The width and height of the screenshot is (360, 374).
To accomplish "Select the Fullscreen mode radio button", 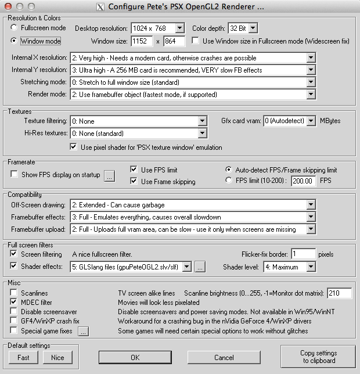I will [x=15, y=27].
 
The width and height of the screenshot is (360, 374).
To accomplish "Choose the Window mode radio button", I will [x=15, y=41].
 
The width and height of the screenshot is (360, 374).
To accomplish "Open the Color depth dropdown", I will [x=253, y=28].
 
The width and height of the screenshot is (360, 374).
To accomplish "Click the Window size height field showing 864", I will [x=174, y=41].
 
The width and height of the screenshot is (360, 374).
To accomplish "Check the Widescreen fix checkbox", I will [x=195, y=41].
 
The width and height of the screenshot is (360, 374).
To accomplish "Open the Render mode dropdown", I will [x=311, y=94].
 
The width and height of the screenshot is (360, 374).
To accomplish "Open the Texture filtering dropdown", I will [x=202, y=121].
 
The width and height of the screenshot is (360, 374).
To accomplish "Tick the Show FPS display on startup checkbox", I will [x=15, y=174].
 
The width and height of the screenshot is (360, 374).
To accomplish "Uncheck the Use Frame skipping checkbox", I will [x=134, y=182].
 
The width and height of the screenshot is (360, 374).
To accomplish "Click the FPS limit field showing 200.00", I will [x=303, y=181].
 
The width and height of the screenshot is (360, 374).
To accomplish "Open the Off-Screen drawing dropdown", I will [x=311, y=205].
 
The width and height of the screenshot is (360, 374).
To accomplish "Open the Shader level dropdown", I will [x=311, y=267].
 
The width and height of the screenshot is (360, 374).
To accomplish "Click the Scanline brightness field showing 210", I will [x=339, y=293].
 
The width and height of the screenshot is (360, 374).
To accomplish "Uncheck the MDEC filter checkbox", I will [x=14, y=303].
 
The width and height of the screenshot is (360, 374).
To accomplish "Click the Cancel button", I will [x=224, y=357].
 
